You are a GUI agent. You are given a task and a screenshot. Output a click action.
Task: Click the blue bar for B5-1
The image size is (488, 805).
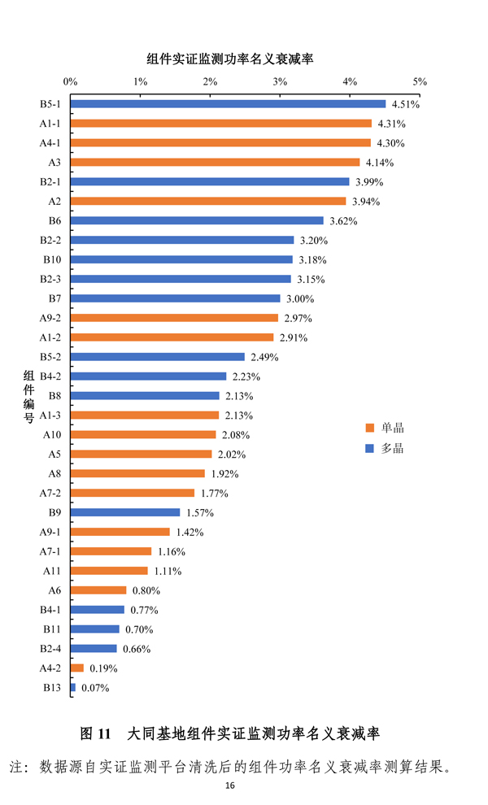click(228, 104)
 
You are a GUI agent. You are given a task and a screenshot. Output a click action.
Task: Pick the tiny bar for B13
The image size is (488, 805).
click(73, 688)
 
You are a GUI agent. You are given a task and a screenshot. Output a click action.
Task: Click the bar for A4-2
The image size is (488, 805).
click(77, 668)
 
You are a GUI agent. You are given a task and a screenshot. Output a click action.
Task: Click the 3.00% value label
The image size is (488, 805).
click(300, 298)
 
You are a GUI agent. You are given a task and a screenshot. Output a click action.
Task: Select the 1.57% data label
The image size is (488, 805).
click(200, 512)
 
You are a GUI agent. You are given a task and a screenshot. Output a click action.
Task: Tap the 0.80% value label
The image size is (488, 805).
click(146, 590)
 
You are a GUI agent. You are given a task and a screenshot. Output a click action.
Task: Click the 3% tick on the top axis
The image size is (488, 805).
click(280, 82)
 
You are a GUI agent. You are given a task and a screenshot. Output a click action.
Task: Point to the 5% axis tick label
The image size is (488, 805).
click(420, 82)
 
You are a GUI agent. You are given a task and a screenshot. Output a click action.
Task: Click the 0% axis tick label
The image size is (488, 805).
click(70, 82)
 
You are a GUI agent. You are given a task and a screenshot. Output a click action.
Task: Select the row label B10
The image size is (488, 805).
click(51, 259)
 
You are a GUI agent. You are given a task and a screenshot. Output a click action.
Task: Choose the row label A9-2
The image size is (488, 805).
click(50, 318)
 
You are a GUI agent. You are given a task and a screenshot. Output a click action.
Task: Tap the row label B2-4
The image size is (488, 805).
click(50, 649)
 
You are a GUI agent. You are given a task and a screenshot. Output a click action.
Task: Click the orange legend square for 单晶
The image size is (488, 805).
click(369, 428)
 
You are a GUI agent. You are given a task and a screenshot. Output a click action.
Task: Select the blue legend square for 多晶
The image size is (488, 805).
click(369, 448)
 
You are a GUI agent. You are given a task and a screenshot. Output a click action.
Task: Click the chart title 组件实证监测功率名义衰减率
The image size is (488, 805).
click(230, 59)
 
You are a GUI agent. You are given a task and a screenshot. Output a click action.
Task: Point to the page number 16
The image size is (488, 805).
click(230, 786)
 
